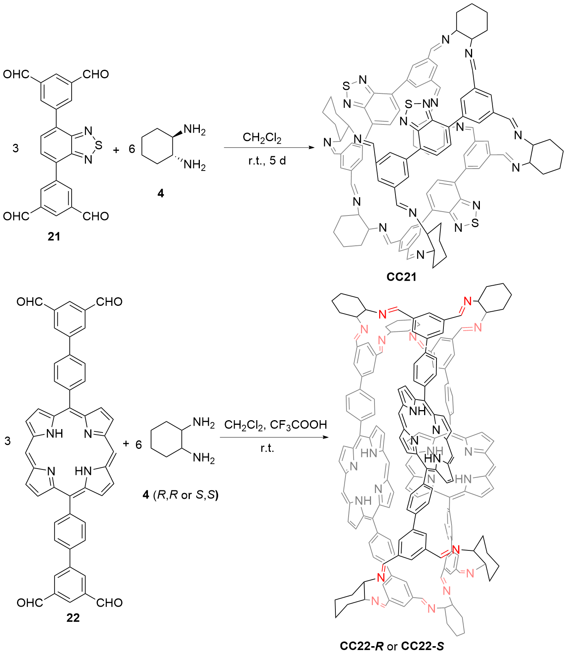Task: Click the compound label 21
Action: [54, 236]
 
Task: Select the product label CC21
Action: [401, 277]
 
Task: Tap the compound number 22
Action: [73, 618]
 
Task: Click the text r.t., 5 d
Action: [267, 160]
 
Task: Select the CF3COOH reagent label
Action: [298, 425]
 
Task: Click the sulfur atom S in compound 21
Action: [99, 145]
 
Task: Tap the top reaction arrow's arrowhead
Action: [311, 148]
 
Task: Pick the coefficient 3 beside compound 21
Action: [15, 148]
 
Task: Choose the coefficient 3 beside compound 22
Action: [8, 441]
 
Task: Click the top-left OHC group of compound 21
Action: [16, 74]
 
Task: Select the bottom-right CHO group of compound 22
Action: [110, 603]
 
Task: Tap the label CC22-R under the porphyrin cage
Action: [361, 646]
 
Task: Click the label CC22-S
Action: [422, 646]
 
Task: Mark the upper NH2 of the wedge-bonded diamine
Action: [194, 129]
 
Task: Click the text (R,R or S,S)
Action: [186, 495]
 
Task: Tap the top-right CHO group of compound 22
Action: [109, 302]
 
